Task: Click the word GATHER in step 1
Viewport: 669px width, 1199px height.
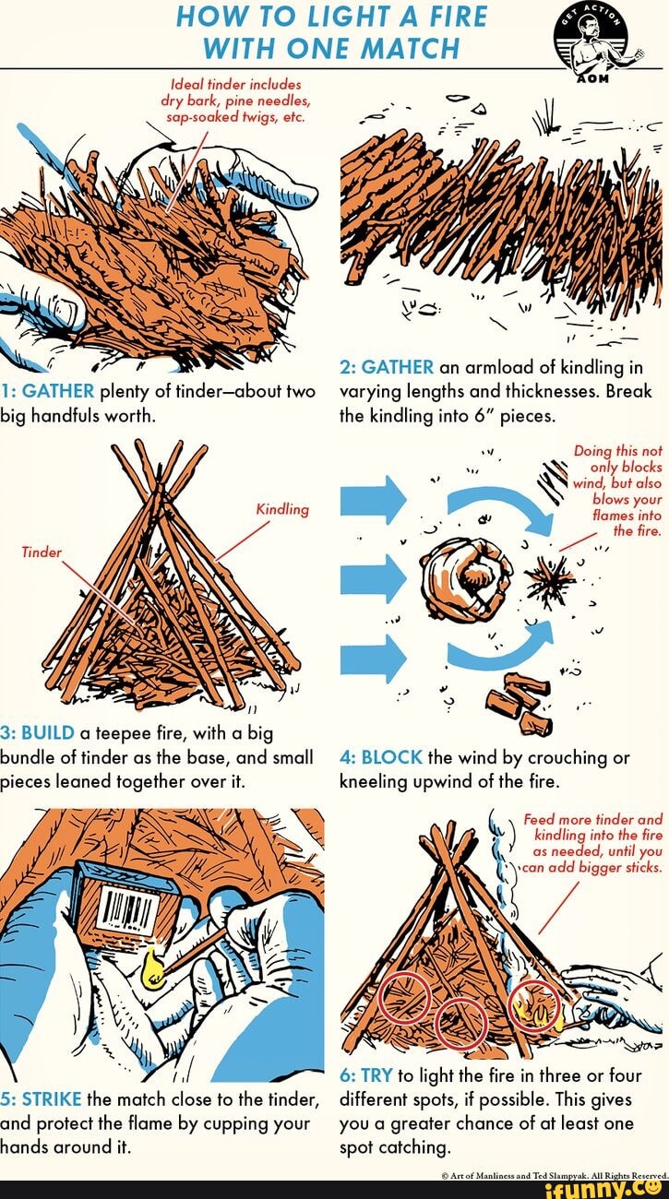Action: pyautogui.click(x=58, y=391)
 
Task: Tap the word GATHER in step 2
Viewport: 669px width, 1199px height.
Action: pyautogui.click(x=398, y=367)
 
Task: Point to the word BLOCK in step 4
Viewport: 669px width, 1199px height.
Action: pyautogui.click(x=392, y=757)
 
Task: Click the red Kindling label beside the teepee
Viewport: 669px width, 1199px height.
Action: pyautogui.click(x=282, y=509)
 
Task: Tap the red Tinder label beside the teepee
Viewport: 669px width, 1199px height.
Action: pyautogui.click(x=42, y=552)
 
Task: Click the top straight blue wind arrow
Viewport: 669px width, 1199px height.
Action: pyautogui.click(x=374, y=500)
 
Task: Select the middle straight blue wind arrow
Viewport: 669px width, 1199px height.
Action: pyautogui.click(x=374, y=579)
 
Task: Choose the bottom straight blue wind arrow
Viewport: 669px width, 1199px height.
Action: pyautogui.click(x=374, y=659)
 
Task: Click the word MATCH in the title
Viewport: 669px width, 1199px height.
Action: pyautogui.click(x=411, y=49)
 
